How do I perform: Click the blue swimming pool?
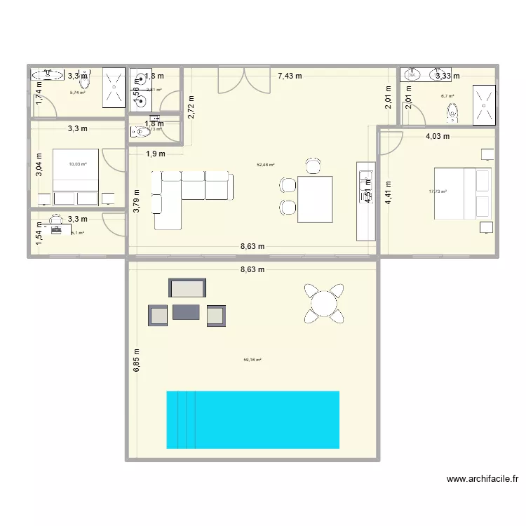(x=252, y=419)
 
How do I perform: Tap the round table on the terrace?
(x=324, y=304)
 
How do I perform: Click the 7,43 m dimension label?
(x=290, y=76)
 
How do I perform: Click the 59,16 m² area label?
(x=252, y=360)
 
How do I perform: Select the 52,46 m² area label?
(x=266, y=165)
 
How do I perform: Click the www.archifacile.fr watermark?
(x=483, y=480)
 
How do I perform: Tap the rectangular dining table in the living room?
(x=315, y=199)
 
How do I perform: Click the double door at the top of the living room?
(x=243, y=80)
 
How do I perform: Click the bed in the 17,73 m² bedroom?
(x=462, y=191)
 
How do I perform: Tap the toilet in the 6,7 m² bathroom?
(x=453, y=110)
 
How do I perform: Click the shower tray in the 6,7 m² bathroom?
(x=483, y=104)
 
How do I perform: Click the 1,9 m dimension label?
(x=156, y=154)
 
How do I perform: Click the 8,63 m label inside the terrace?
(x=252, y=269)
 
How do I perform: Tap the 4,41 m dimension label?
(x=388, y=191)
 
